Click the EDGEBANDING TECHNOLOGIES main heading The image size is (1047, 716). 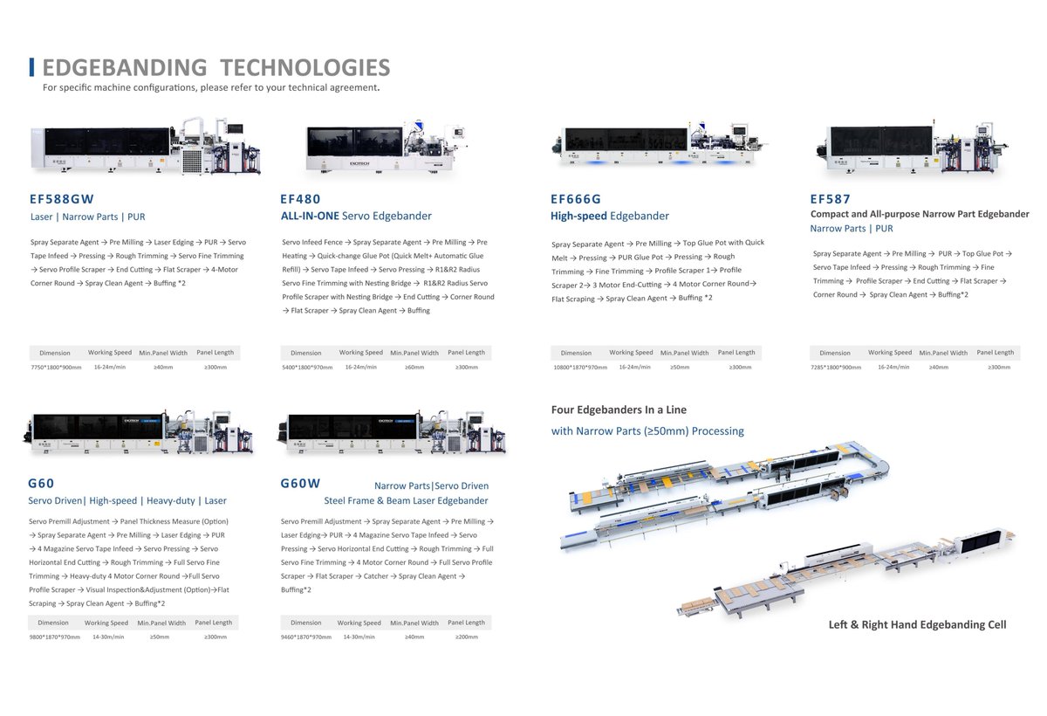(x=216, y=68)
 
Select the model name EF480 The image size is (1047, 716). (x=301, y=199)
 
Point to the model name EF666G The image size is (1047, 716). (x=576, y=199)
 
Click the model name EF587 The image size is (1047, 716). (x=830, y=199)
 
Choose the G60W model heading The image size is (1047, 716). (x=301, y=483)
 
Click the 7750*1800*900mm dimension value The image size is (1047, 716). (x=57, y=368)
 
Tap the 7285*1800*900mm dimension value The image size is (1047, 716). (x=835, y=368)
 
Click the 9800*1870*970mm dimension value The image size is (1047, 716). (x=54, y=637)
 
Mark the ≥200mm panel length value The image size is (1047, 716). (x=466, y=637)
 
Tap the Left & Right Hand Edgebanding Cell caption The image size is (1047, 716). (x=917, y=624)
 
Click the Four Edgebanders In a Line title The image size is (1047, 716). (x=619, y=410)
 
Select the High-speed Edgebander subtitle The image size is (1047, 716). (x=610, y=216)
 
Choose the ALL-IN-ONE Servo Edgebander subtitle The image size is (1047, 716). (x=356, y=216)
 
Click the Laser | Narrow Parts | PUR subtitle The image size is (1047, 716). (x=87, y=217)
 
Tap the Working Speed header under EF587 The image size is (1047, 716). (x=890, y=353)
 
